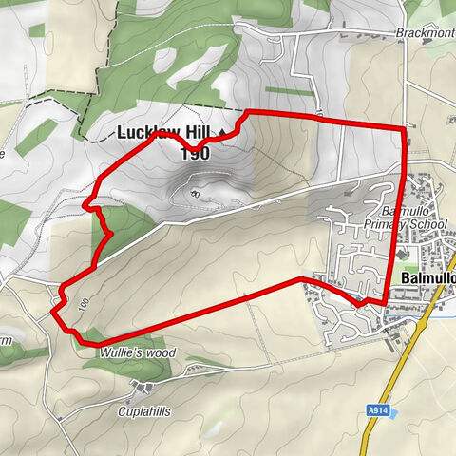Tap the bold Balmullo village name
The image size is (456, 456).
click(x=428, y=277)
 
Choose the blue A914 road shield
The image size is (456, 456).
click(x=379, y=409)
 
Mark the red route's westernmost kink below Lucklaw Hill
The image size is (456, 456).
click(x=85, y=204)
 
